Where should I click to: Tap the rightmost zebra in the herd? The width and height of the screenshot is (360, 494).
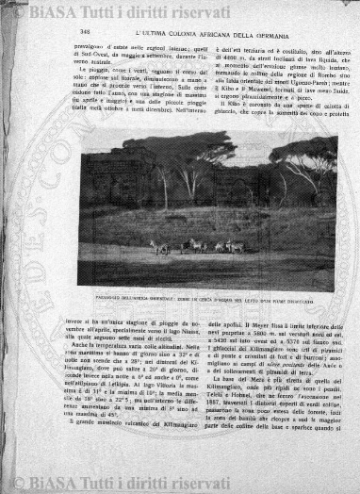(x=242, y=246)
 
